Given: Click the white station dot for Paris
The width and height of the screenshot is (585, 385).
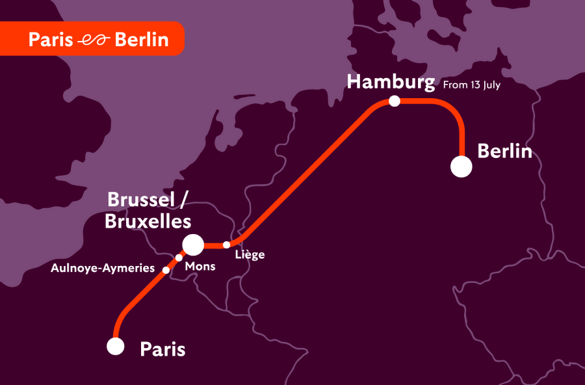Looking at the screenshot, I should (116, 347).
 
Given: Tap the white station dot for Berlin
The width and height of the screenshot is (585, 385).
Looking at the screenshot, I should (461, 167).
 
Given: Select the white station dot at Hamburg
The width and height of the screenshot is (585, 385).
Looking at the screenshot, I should (394, 101).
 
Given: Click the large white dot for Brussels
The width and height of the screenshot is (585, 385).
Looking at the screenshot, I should (193, 245).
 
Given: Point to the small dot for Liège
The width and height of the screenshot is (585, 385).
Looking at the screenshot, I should (226, 245).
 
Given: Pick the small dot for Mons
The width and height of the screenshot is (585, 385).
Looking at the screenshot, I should (179, 258).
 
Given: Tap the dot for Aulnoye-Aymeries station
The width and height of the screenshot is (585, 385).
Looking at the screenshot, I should (166, 270).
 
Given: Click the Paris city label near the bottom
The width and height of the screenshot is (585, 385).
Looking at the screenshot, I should (162, 349).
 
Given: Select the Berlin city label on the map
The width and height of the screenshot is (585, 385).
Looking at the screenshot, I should (504, 152).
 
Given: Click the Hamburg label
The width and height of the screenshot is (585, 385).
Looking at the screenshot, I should (390, 82).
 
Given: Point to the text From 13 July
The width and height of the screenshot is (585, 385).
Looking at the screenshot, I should (471, 85).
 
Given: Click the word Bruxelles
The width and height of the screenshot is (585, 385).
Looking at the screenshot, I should (148, 221).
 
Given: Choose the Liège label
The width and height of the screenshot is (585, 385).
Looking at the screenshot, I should (250, 255).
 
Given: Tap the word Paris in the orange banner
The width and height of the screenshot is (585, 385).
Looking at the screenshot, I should (51, 40).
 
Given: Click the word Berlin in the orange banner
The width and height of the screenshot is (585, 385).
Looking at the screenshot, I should (141, 40).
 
